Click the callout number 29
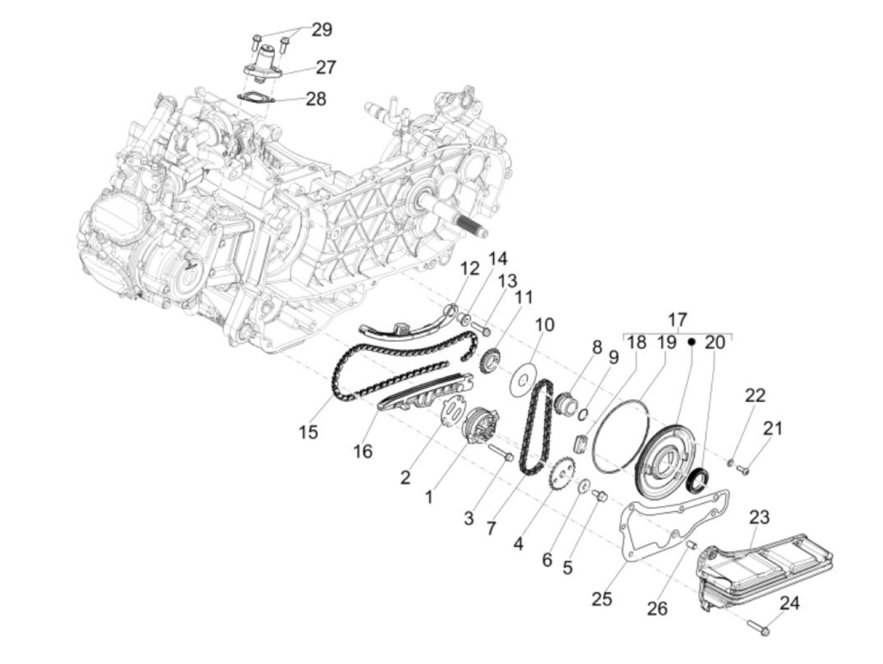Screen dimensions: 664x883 click(322, 30)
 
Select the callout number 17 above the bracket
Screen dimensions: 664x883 click(677, 319)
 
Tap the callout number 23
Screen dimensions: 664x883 click(759, 518)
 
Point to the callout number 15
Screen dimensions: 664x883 click(308, 432)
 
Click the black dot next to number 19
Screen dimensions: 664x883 click(691, 341)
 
